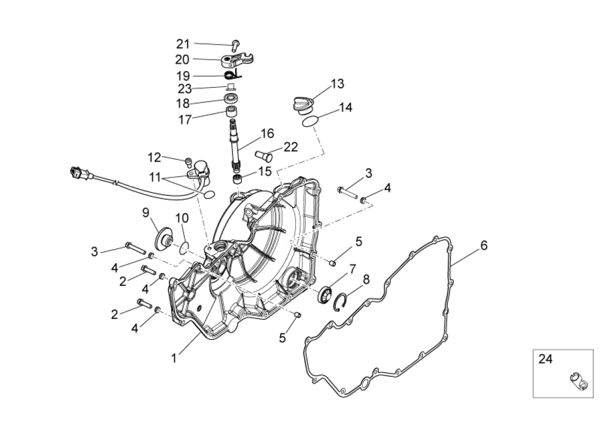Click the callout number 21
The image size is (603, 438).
183,44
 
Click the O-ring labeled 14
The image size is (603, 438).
310,121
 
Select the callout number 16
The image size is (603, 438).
267,134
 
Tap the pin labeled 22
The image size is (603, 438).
264,155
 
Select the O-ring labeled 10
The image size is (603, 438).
185,247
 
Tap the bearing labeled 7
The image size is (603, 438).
325,294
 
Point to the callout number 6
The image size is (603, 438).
483,246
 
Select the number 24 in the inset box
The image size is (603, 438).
545,360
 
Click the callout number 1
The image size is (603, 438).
174,358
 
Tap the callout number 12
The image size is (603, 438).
154,158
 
